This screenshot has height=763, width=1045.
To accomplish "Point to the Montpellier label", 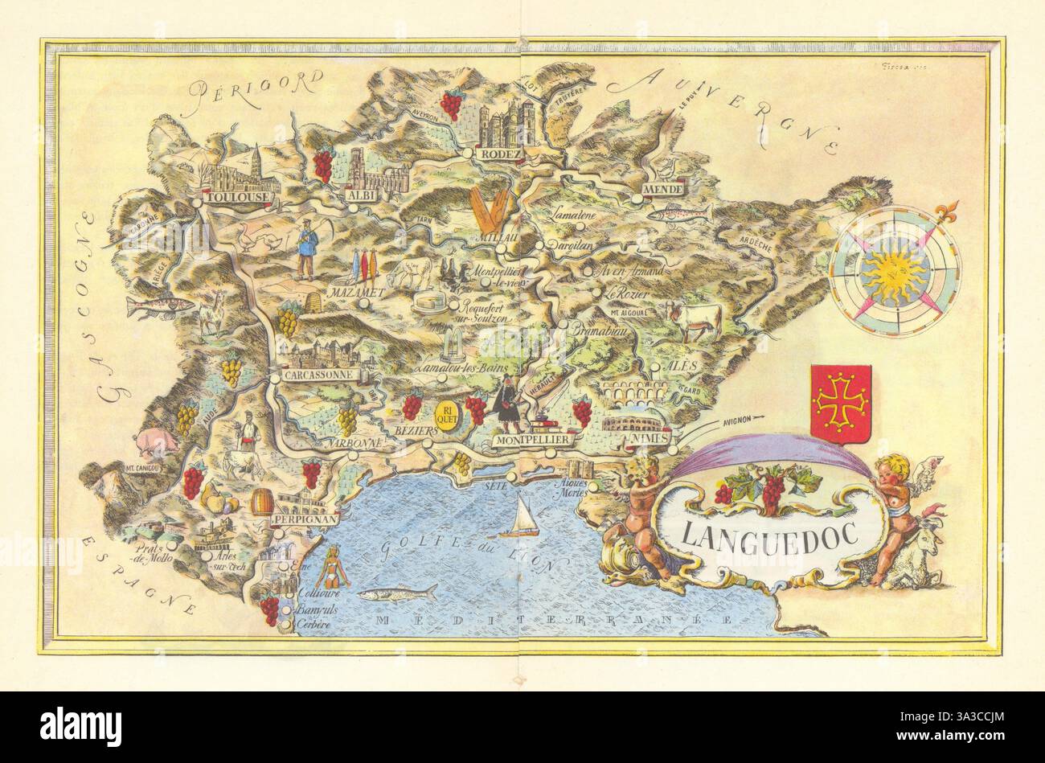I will tap(533, 441).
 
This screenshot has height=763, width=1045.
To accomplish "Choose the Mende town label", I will tap(662, 189).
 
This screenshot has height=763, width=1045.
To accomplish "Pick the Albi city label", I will tap(357, 196).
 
